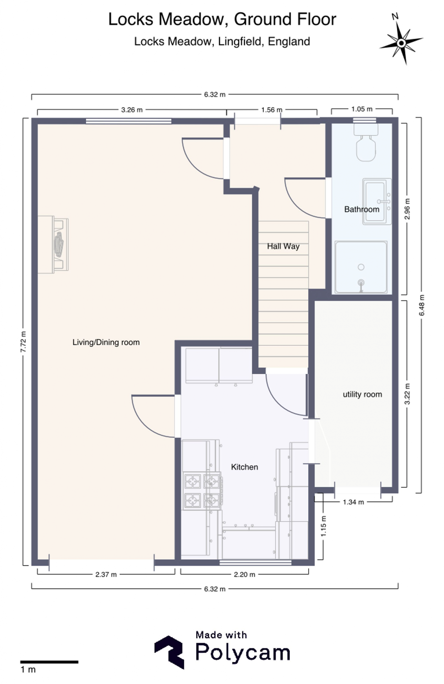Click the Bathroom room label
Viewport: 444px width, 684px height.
[362, 209]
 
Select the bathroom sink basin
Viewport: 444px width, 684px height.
[377, 201]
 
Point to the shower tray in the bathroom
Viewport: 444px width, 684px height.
[361, 267]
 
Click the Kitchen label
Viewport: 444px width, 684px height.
[244, 467]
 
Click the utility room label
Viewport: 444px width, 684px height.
[362, 394]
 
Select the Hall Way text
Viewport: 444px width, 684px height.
[283, 246]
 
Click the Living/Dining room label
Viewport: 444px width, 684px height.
[106, 342]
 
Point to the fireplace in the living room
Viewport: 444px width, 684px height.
[53, 244]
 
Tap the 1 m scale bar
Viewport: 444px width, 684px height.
[49, 662]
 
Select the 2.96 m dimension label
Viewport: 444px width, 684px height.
[407, 209]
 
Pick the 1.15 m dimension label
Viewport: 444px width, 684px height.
[323, 526]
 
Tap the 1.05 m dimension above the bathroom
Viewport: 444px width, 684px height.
[362, 109]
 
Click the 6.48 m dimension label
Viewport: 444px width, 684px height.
[422, 305]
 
